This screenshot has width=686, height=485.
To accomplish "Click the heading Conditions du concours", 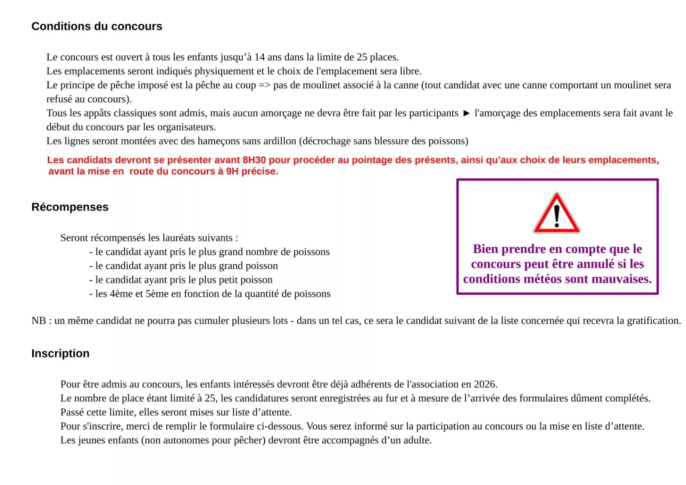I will pos(97,27).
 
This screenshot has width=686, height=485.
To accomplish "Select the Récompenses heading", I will pos(70,207).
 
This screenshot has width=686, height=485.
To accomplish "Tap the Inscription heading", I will pos(60,353).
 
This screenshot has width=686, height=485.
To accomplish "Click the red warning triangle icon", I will pos(557,214).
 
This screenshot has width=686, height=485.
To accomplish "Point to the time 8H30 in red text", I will pos(254,160).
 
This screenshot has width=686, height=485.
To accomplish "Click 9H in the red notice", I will pos(232,172).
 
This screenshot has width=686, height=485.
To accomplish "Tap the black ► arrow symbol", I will pos(466,113).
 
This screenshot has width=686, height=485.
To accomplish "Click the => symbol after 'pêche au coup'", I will pos(265,85).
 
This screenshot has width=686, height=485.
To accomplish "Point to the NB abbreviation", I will pos(39,321).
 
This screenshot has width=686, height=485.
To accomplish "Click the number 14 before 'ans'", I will pos(259,57).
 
